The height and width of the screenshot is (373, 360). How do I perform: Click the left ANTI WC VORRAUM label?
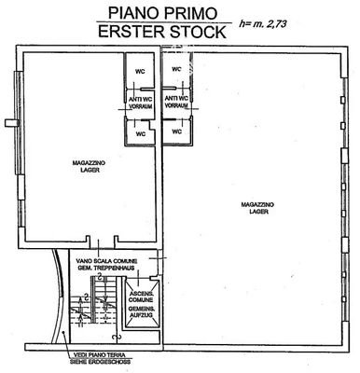pyautogui.click(x=141, y=101)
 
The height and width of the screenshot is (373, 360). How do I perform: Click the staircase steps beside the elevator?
pyautogui.click(x=94, y=303)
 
